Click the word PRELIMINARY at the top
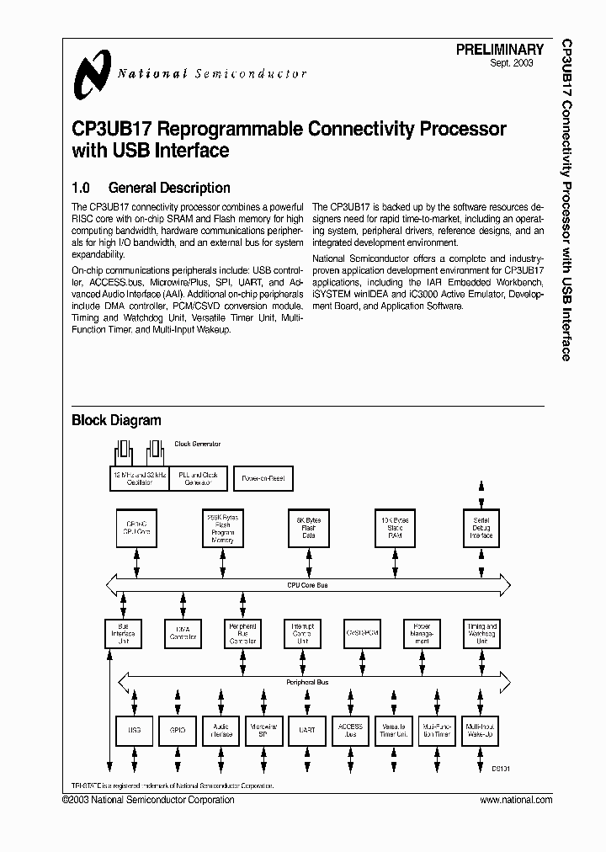click(x=500, y=51)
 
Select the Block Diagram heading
click(x=116, y=420)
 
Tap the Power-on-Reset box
click(x=263, y=478)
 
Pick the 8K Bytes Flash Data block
click(x=309, y=528)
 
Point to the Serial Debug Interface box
click(x=481, y=528)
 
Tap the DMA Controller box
click(x=182, y=633)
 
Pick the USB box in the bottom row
click(x=133, y=729)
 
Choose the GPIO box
click(x=177, y=729)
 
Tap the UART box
click(x=306, y=729)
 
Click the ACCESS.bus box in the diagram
click(x=350, y=729)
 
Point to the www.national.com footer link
click(x=516, y=800)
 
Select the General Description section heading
click(x=151, y=188)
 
